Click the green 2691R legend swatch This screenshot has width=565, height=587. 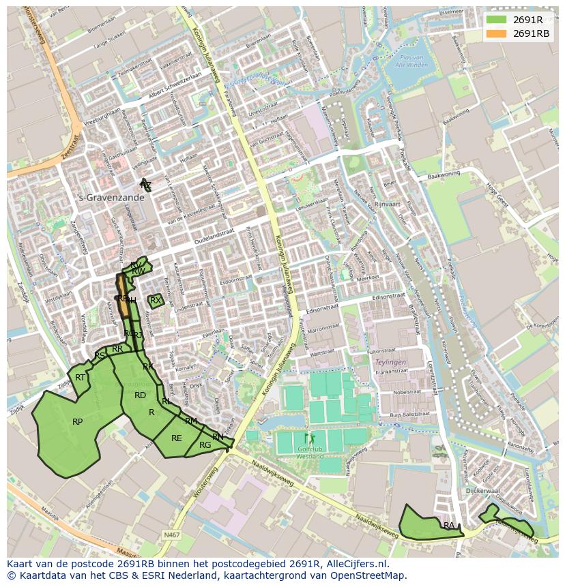497,20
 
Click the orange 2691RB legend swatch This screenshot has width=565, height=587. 497,33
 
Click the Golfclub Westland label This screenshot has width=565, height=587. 310,453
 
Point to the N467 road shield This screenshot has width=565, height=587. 172,535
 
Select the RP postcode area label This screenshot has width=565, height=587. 78,422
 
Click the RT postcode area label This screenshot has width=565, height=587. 81,378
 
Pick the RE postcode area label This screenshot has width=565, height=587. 177,438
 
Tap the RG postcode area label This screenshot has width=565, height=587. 205,445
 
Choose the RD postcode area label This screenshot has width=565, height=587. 140,395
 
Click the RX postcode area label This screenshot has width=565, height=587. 156,300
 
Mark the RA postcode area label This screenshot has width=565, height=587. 448,526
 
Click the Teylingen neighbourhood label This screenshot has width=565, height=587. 390,363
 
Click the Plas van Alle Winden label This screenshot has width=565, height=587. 414,61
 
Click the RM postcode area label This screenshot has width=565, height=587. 191,421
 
